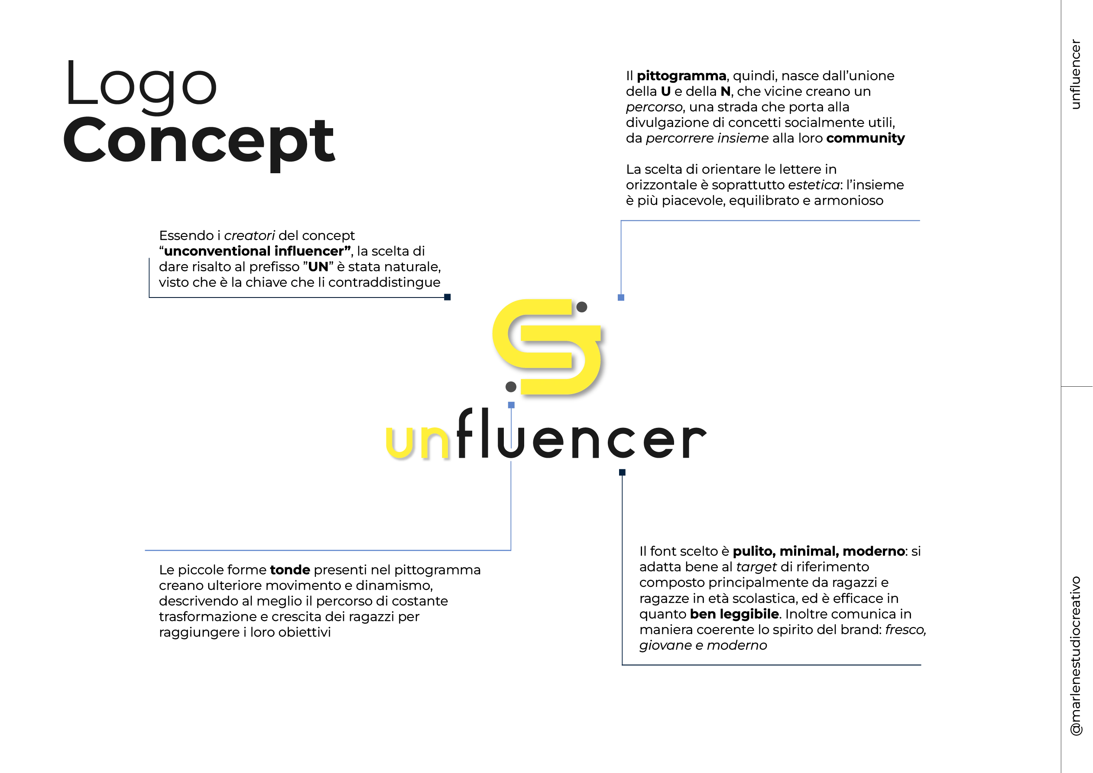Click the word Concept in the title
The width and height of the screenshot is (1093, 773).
pos(199,140)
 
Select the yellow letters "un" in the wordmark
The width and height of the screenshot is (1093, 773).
pos(417,443)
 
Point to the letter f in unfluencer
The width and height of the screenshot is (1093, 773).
pos(466,433)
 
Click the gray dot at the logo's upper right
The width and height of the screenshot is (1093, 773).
pos(583,307)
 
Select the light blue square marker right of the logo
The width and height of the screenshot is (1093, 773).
pos(622,296)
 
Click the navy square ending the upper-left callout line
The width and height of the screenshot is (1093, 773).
pos(448,296)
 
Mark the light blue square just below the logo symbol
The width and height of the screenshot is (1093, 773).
pos(511,404)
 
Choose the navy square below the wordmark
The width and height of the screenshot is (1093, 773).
pos(622,472)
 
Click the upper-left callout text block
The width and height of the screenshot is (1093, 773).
pos(300,259)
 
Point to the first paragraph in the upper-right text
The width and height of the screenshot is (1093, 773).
pos(765,107)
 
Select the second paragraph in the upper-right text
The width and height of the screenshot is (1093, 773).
pos(764,186)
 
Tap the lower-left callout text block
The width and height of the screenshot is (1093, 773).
pos(319,601)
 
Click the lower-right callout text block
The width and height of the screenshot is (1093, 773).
pos(781,599)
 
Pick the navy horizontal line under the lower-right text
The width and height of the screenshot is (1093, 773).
pos(771,665)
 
